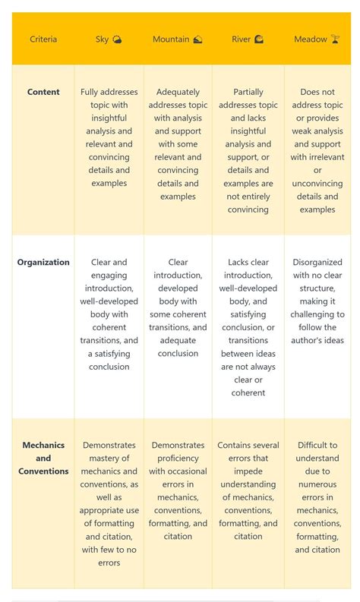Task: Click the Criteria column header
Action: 43,39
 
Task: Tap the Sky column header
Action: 102,39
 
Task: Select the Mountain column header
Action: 171,39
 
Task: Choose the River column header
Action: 241,39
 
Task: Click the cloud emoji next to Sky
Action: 117,39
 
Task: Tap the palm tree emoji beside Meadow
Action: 335,39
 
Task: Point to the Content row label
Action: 43,92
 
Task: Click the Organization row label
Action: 43,262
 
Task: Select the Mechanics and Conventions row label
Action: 43,458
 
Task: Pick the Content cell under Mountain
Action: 178,144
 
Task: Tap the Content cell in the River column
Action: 248,151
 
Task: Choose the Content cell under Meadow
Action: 317,151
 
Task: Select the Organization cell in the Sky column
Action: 109,314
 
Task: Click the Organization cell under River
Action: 248,327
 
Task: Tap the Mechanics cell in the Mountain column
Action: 178,490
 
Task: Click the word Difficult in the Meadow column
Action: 317,446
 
